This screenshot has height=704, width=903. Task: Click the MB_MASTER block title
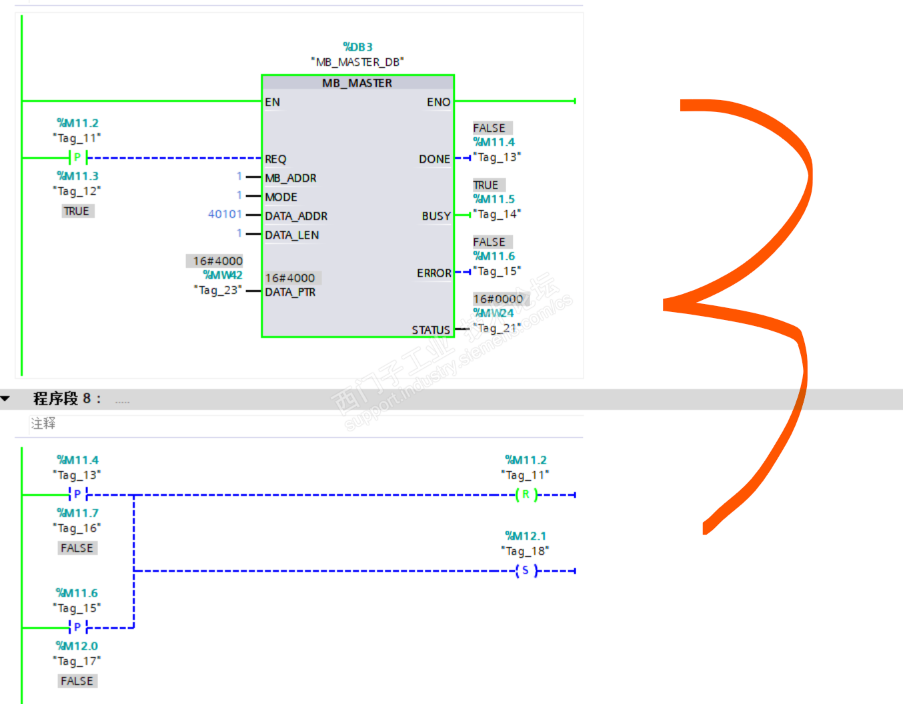click(x=357, y=83)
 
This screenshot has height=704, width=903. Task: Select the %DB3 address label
click(x=357, y=47)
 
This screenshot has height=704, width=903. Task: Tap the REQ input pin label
click(x=275, y=159)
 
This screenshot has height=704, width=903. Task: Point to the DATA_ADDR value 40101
click(x=225, y=214)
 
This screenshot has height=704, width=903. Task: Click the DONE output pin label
click(x=434, y=159)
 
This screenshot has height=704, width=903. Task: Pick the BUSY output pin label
click(x=436, y=216)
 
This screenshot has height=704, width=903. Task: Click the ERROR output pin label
click(x=434, y=273)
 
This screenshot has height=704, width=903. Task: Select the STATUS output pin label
click(x=431, y=330)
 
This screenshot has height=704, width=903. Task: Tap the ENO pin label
click(x=438, y=102)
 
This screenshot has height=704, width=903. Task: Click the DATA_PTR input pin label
click(x=290, y=292)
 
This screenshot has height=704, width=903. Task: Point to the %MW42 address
click(x=223, y=275)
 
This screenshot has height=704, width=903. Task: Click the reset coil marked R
click(x=526, y=495)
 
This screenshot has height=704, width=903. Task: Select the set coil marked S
click(x=526, y=571)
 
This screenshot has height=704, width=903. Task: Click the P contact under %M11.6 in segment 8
click(x=77, y=627)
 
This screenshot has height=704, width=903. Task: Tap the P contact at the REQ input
click(x=77, y=158)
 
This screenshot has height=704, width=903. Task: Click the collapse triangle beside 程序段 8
click(x=6, y=399)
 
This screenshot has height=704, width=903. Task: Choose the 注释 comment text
click(x=43, y=423)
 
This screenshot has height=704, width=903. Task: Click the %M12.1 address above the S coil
click(x=526, y=536)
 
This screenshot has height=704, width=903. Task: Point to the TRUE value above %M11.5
click(x=486, y=185)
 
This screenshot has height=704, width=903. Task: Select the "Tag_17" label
click(x=77, y=661)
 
